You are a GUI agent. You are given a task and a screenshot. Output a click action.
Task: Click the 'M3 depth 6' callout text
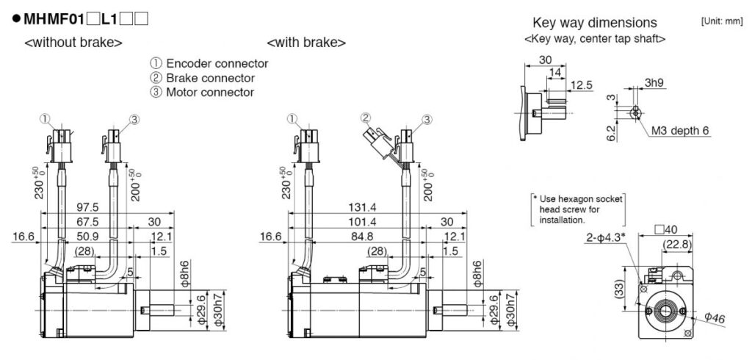(681, 131)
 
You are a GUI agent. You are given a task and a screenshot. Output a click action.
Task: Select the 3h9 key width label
(655, 82)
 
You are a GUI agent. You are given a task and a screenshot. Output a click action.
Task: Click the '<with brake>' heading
(306, 43)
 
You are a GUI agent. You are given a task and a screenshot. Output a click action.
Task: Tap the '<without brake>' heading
(73, 43)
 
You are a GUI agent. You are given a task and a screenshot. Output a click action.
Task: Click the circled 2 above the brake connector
(366, 118)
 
